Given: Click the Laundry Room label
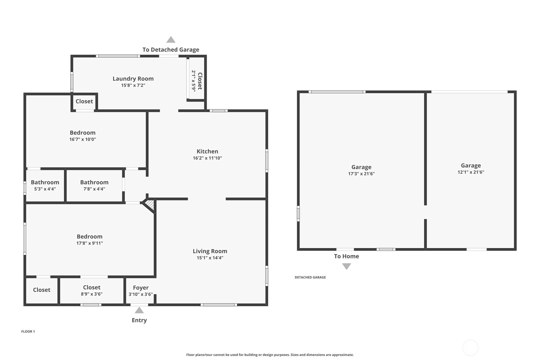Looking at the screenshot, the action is [x=133, y=79].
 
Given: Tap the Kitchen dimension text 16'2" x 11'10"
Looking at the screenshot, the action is [x=207, y=158].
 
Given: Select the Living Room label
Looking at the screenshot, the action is [x=210, y=251].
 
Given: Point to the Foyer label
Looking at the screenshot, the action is [x=141, y=288].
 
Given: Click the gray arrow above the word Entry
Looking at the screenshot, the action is [x=139, y=310].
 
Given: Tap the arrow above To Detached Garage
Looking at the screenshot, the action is [x=171, y=39].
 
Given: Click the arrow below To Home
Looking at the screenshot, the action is [x=347, y=266].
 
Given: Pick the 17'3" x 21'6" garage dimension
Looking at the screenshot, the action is [x=361, y=173].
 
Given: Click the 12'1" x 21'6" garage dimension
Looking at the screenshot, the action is [x=471, y=172].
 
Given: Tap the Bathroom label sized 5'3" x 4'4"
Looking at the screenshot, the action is [x=45, y=182].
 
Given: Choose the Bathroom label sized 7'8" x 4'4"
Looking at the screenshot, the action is [x=94, y=182].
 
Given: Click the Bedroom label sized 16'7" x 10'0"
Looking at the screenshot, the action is [x=83, y=133].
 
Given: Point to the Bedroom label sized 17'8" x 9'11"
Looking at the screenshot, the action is [x=90, y=236].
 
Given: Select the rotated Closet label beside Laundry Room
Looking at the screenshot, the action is [x=200, y=81].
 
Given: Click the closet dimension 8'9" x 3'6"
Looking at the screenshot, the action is [x=92, y=294].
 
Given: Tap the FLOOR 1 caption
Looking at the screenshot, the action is [x=28, y=332].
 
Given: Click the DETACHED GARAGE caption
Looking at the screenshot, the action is [x=310, y=277].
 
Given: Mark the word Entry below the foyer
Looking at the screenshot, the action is [x=139, y=320].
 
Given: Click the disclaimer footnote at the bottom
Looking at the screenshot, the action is [x=270, y=355].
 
